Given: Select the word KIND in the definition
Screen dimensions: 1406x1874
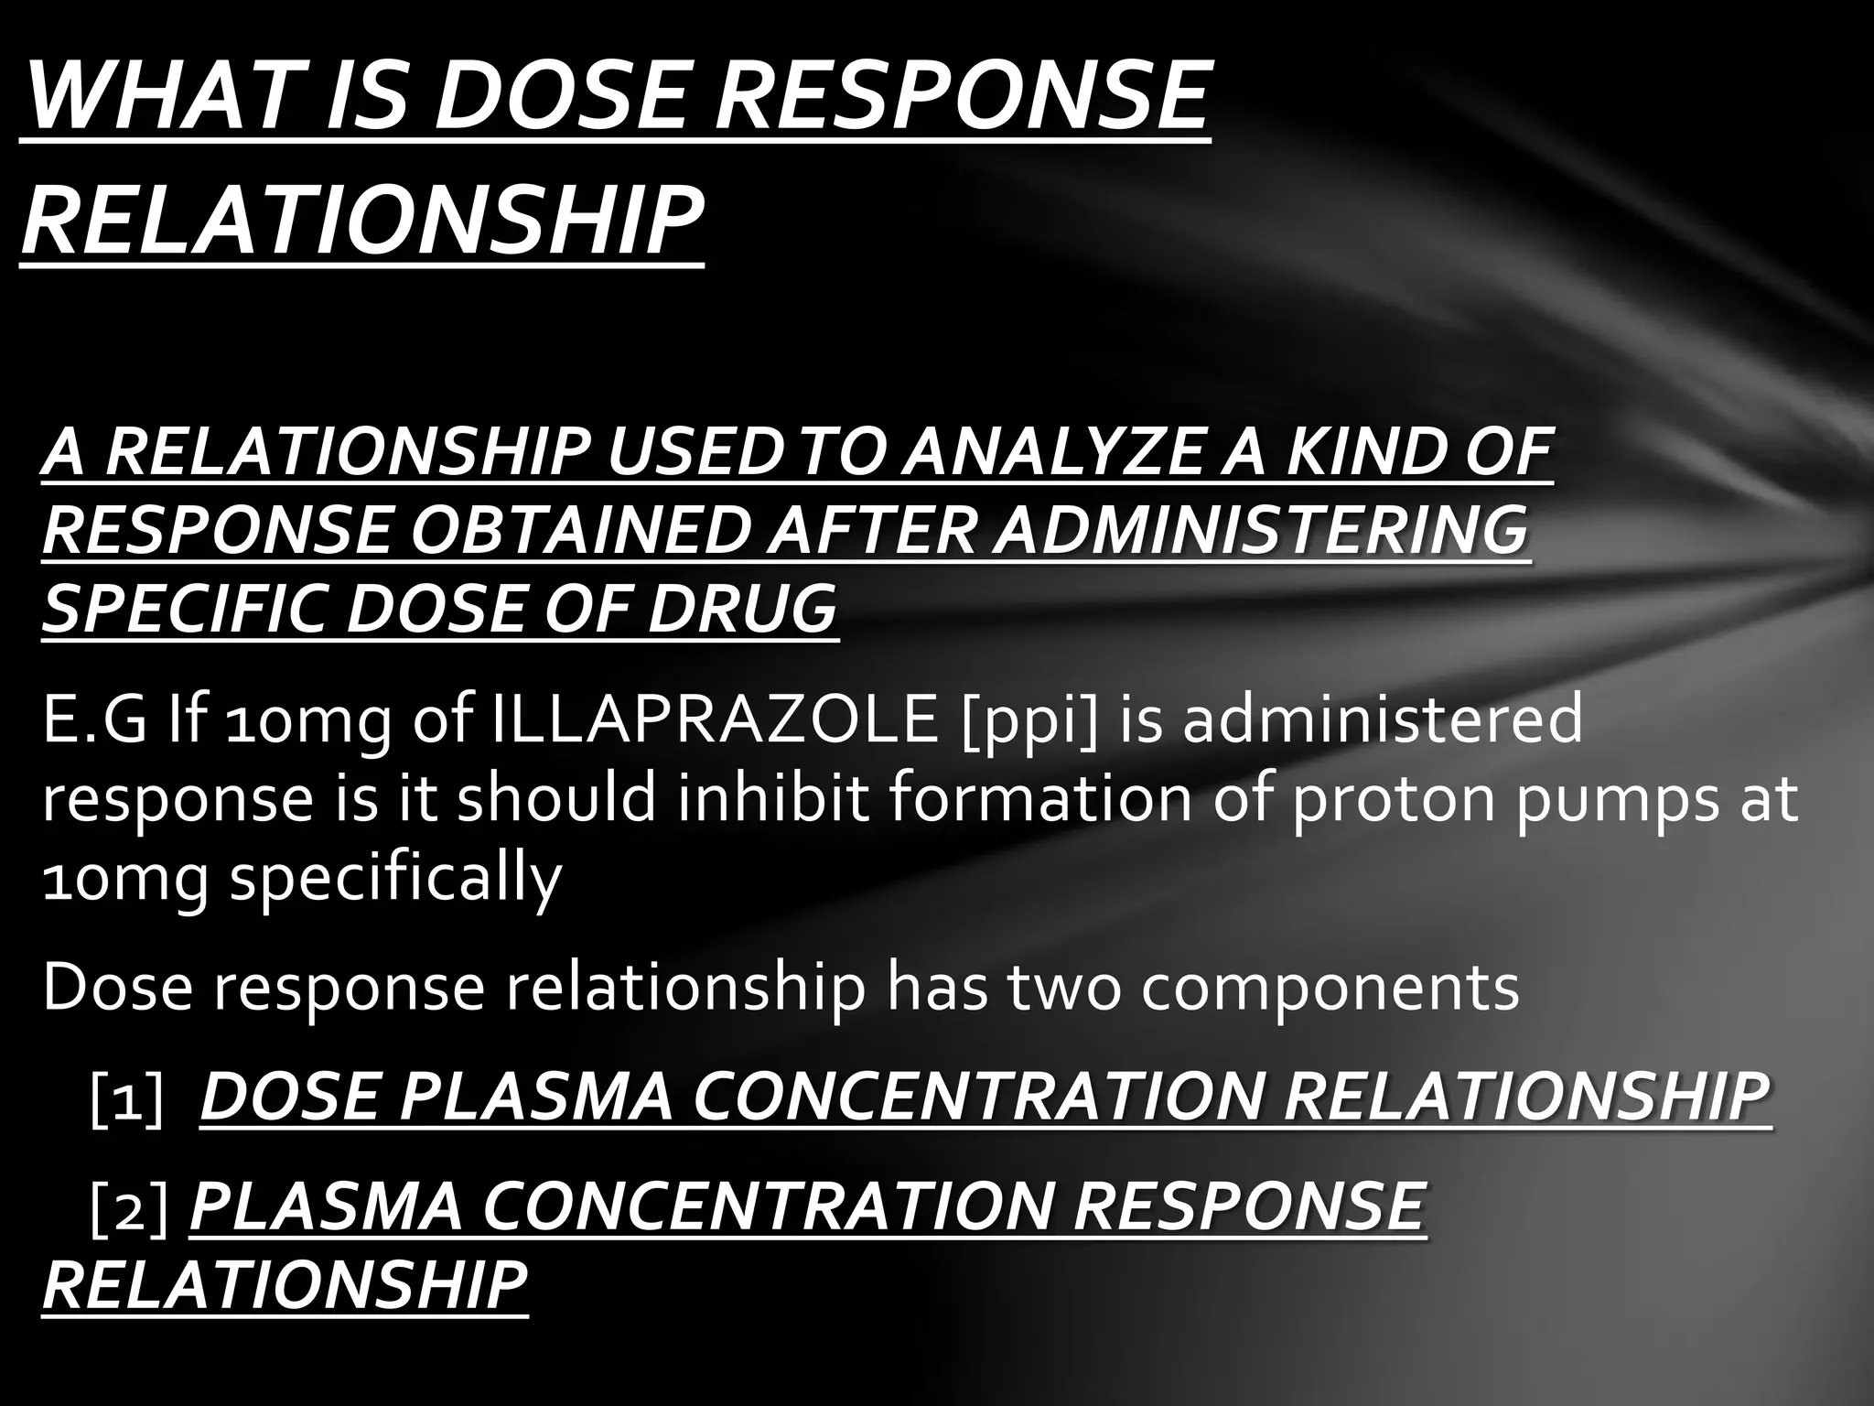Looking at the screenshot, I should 1362,452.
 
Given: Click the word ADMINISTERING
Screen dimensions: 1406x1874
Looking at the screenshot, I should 1261,531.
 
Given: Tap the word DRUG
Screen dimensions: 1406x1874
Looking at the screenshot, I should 742,609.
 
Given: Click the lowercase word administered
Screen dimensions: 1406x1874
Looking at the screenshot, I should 1382,719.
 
